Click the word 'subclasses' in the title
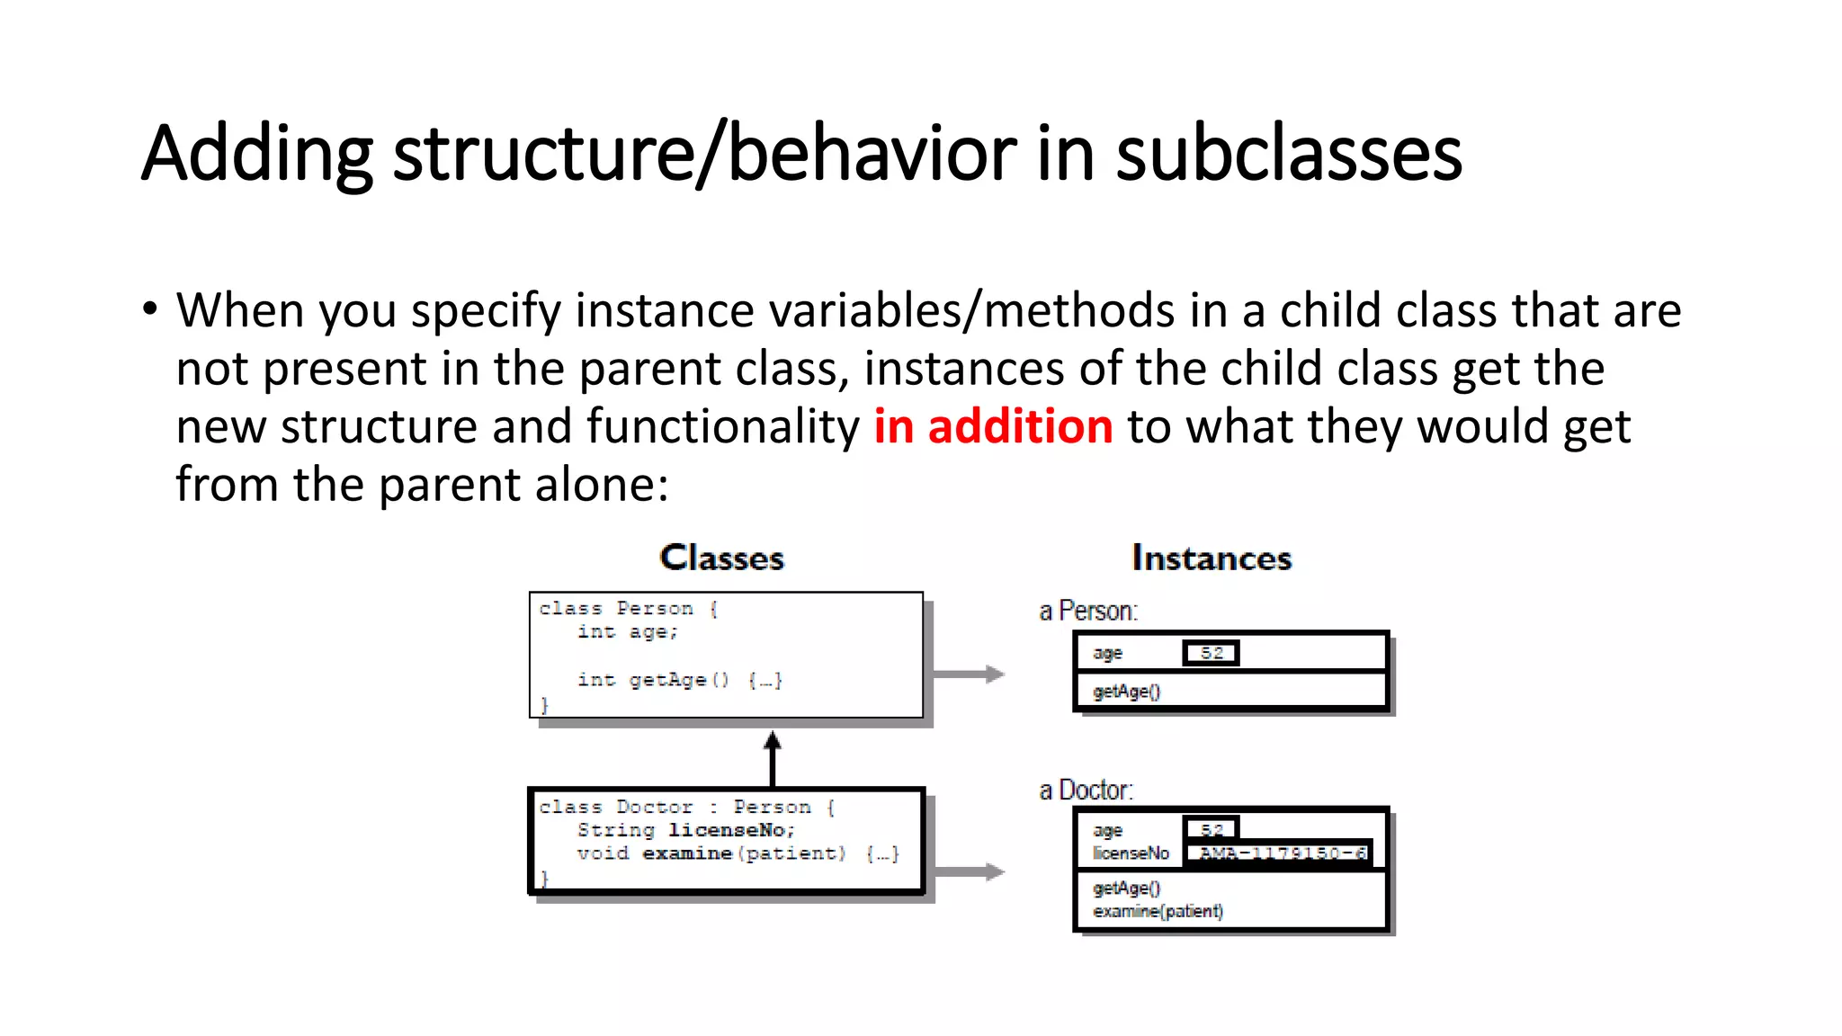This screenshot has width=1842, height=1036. (1288, 154)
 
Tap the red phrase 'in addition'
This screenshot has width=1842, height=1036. (993, 426)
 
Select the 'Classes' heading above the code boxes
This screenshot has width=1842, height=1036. (721, 558)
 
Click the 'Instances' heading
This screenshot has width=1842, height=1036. (1211, 558)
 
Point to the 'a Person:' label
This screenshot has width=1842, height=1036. (1088, 612)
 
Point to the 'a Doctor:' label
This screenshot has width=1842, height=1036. (1086, 790)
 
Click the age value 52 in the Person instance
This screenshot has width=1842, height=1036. (1211, 653)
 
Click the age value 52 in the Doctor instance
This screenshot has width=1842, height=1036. (1211, 828)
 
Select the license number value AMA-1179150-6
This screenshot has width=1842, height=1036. (1281, 853)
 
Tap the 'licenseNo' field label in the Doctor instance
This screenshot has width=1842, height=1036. (1131, 853)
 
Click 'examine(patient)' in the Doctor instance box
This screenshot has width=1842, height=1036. (1158, 911)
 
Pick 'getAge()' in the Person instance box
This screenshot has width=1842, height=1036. (1126, 692)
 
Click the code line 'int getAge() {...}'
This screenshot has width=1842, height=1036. (679, 680)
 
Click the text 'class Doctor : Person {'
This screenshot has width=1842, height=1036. (687, 808)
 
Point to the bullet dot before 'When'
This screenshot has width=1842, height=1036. (149, 310)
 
